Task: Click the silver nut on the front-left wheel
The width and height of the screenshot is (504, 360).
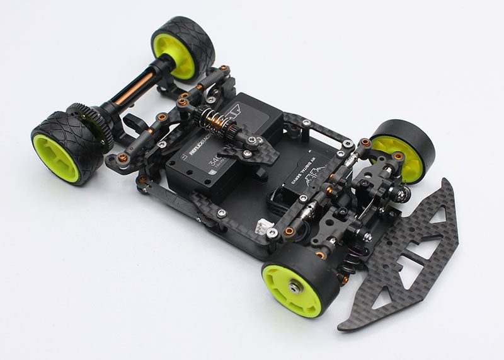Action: coord(294,287)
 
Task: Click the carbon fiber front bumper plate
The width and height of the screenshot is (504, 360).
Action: coord(403,258)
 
